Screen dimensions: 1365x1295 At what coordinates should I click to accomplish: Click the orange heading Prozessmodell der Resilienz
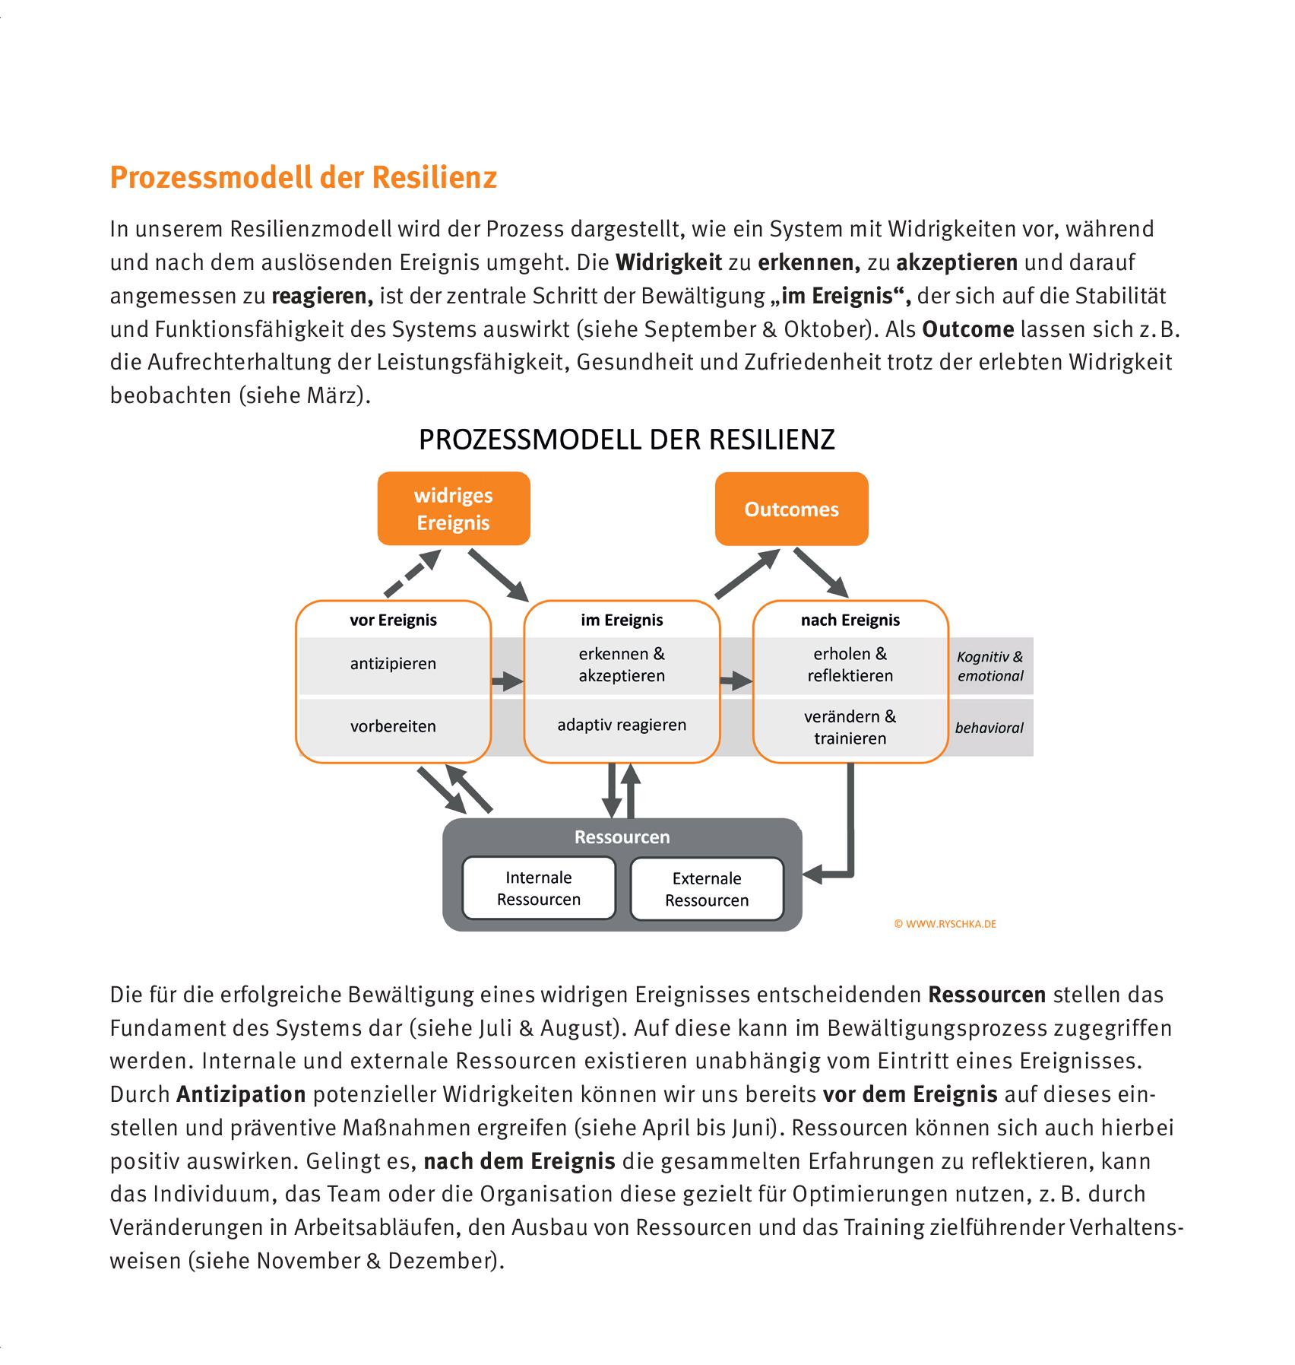click(303, 177)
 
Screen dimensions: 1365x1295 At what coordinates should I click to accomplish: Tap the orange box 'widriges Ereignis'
click(454, 509)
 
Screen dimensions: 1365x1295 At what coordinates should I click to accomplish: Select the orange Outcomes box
click(791, 509)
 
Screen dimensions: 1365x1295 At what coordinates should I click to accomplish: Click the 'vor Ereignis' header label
click(393, 620)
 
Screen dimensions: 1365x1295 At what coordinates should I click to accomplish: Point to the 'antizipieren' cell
click(393, 664)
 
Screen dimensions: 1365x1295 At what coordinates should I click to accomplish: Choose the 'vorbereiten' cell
click(393, 726)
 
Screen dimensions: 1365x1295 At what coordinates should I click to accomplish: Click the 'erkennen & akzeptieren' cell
click(622, 665)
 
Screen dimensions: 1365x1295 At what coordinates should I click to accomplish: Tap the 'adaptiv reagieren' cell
click(622, 725)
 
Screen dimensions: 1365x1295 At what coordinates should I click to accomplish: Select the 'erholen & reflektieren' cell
click(850, 665)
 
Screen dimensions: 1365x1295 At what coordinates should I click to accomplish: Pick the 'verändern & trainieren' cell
click(850, 727)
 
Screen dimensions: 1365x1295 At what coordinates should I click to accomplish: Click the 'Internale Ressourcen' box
click(539, 888)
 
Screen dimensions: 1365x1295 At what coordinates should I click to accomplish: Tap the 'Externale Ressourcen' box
click(707, 889)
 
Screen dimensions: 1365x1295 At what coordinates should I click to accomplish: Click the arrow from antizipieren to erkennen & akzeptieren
click(507, 681)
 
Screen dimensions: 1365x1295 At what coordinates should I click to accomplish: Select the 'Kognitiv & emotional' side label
click(989, 666)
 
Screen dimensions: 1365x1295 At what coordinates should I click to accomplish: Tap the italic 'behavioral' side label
click(989, 728)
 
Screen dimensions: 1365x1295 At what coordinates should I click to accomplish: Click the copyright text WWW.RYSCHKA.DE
click(945, 924)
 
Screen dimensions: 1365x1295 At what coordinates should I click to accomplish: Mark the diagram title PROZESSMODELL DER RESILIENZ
click(627, 440)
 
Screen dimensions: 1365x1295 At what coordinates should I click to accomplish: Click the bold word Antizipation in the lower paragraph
click(241, 1094)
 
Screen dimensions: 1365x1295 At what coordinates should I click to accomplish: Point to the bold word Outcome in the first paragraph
click(967, 329)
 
